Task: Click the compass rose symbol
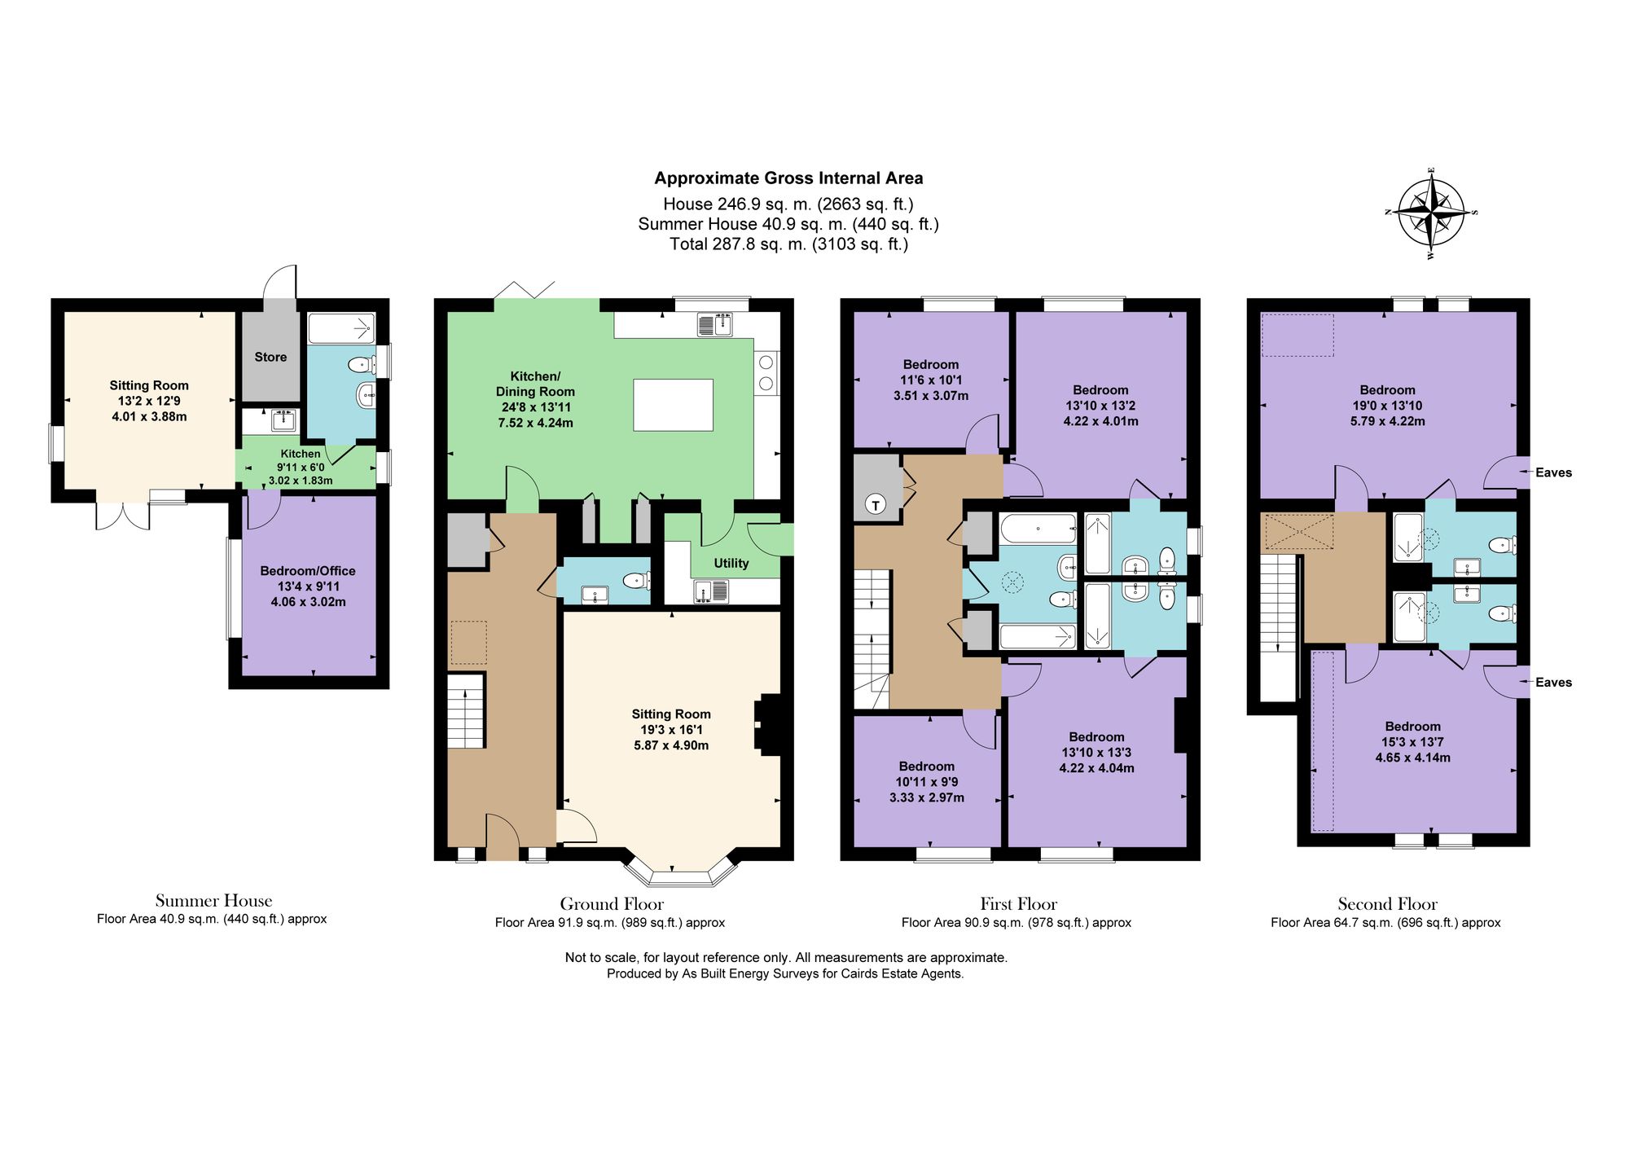click(x=1432, y=213)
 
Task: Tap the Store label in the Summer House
click(x=270, y=357)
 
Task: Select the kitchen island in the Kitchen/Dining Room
click(x=674, y=405)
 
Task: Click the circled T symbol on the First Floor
click(x=876, y=505)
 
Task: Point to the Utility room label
click(x=731, y=563)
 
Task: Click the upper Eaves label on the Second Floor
click(x=1553, y=472)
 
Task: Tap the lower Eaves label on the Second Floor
click(x=1553, y=683)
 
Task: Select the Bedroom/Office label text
click(x=308, y=571)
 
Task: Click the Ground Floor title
click(x=612, y=903)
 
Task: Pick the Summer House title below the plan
click(x=213, y=900)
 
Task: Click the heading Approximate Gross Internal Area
click(x=788, y=178)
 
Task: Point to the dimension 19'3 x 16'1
click(x=671, y=730)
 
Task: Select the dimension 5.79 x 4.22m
click(x=1388, y=421)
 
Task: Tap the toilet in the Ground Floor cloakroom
click(x=636, y=581)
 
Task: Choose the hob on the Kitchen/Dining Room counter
click(x=766, y=372)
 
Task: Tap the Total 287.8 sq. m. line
click(x=788, y=244)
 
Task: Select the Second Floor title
click(x=1387, y=903)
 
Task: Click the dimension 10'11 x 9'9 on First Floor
click(x=927, y=782)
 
